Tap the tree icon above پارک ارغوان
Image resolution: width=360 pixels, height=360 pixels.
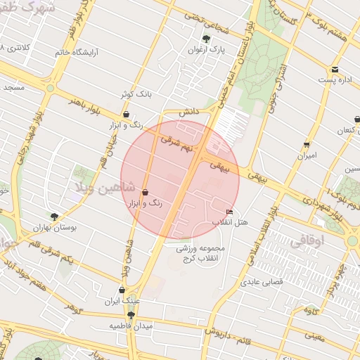[x=206, y=39]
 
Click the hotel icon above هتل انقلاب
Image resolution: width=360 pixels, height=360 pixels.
[x=229, y=212]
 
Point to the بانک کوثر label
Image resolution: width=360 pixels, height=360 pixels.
[x=135, y=93]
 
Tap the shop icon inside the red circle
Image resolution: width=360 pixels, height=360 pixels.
[x=145, y=191]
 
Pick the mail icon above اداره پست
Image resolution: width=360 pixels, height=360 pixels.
[x=335, y=70]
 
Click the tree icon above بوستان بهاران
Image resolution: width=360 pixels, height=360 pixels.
[x=55, y=217]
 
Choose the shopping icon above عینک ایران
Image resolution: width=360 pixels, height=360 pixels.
[x=122, y=290]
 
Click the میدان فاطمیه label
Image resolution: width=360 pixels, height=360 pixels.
[x=130, y=327]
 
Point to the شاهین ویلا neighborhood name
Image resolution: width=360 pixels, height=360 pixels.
[x=101, y=186]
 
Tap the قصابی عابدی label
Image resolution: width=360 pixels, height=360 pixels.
[x=262, y=283]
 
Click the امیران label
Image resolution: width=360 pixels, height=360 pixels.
[x=307, y=155]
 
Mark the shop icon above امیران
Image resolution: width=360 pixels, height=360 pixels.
[x=307, y=144]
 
